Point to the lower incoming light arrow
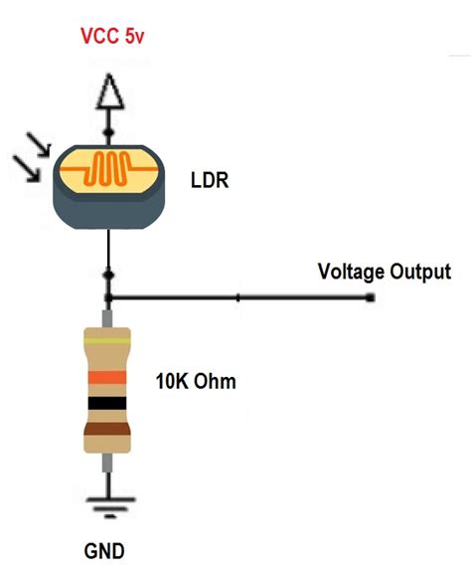30,173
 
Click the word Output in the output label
419,271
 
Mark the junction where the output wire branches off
107,297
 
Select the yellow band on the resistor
107,340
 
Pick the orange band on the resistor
107,377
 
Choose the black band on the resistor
107,403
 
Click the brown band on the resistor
107,430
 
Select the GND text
105,550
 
